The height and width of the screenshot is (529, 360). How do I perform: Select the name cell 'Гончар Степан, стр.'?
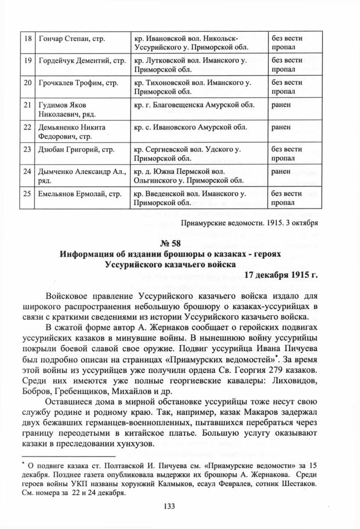point(71,39)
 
